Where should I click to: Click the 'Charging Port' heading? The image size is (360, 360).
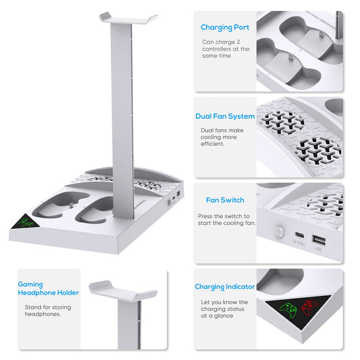coord(225,28)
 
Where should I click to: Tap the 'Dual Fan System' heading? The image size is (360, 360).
coord(225,116)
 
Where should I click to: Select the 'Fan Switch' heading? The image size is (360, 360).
coord(225,200)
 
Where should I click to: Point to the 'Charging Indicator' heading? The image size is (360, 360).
coord(225,286)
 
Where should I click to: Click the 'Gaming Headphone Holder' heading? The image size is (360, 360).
coord(48,288)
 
